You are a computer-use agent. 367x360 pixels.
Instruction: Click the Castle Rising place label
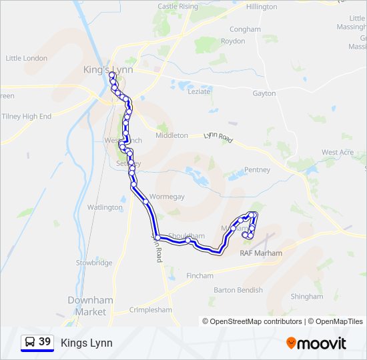point(178,6)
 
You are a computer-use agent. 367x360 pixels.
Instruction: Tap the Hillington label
point(262,7)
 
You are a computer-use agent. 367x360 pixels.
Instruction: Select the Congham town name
point(246,29)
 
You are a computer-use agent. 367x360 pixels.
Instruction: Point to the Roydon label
point(234,41)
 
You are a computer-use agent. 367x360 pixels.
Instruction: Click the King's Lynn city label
point(108,70)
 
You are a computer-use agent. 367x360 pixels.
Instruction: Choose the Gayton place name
point(264,93)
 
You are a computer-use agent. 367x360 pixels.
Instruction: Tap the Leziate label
point(199,92)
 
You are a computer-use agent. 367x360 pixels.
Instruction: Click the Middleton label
point(171,135)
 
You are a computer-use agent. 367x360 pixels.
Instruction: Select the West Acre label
point(338,153)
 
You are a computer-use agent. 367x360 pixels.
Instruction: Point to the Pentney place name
point(257,170)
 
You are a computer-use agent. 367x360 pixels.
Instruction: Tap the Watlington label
point(105,207)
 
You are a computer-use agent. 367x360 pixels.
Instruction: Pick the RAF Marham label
point(261,253)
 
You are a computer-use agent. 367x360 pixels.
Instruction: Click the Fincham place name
point(200,275)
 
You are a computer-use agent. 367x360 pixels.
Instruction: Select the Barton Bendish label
point(238,290)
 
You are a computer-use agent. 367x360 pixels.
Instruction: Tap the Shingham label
point(306,297)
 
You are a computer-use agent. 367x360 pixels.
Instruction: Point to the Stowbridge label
point(94,263)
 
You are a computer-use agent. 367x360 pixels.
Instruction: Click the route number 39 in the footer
point(45,342)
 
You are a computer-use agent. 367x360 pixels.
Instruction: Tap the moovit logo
point(316,343)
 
